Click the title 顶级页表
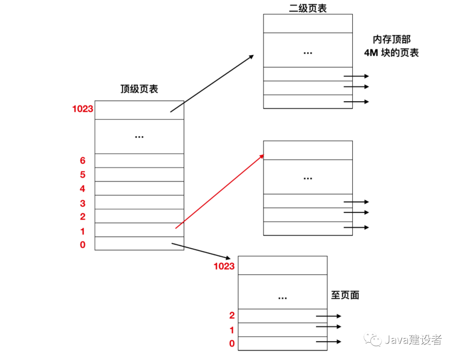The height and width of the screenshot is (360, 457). point(139,89)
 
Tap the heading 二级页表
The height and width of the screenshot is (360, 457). point(308,8)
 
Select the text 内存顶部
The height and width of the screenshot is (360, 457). point(392,39)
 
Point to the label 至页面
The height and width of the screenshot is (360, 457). point(345,295)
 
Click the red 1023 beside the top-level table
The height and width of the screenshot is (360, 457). point(83,109)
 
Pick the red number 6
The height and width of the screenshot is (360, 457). point(83,161)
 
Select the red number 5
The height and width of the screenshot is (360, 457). point(83,175)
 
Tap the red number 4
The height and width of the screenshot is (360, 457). point(83,189)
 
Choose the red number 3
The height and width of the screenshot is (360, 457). point(83,203)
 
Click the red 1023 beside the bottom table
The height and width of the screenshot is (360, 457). point(224,266)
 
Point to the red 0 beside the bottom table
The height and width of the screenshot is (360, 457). point(232,344)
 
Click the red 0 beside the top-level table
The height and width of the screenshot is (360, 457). point(83,245)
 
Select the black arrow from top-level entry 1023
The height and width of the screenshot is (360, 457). point(212,83)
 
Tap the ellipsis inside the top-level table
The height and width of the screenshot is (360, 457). point(139,137)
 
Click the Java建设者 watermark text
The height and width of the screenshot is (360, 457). point(413,340)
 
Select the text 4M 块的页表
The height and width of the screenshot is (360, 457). point(391,53)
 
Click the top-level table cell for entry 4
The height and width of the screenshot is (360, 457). point(139,188)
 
